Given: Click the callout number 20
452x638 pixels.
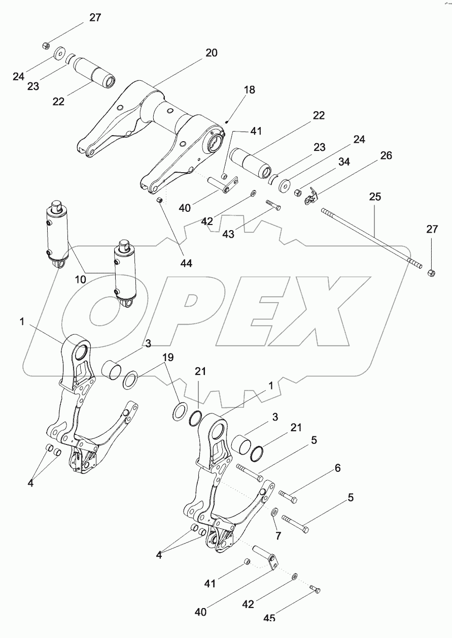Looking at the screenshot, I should (x=211, y=53).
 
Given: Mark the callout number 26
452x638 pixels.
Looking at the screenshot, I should (x=386, y=156).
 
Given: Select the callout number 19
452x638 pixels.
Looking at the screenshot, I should (x=167, y=358).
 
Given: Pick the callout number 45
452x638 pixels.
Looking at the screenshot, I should (x=269, y=618).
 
